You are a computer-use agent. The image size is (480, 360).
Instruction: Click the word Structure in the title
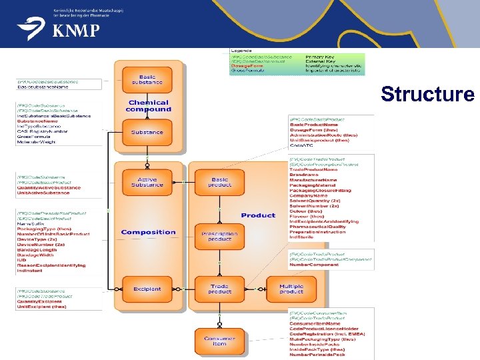coord(427,94)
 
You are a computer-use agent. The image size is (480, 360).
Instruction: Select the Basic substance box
coord(147,80)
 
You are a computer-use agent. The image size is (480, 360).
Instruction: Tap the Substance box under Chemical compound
coord(147,132)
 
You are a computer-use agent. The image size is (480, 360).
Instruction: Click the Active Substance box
coord(147,181)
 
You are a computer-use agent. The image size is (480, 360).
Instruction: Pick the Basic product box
coord(219,181)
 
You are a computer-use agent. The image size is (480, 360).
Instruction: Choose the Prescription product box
coord(219,236)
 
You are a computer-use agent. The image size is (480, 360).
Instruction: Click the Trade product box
coord(219,289)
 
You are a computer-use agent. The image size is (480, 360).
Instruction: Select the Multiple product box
coord(291,289)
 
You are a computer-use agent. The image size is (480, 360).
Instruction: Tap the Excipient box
coord(147,289)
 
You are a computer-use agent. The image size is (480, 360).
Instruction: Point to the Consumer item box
coord(219,341)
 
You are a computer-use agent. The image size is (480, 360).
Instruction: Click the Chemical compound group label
coord(148,106)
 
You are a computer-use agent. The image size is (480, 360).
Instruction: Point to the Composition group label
coord(148,232)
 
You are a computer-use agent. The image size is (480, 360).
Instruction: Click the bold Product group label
coord(258,215)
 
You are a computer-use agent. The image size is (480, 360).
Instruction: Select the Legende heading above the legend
coord(241,51)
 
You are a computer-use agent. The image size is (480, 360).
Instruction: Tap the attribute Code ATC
coord(301,145)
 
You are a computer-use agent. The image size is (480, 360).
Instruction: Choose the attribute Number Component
coord(314,265)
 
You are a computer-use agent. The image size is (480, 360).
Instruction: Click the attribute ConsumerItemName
coord(317,323)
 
